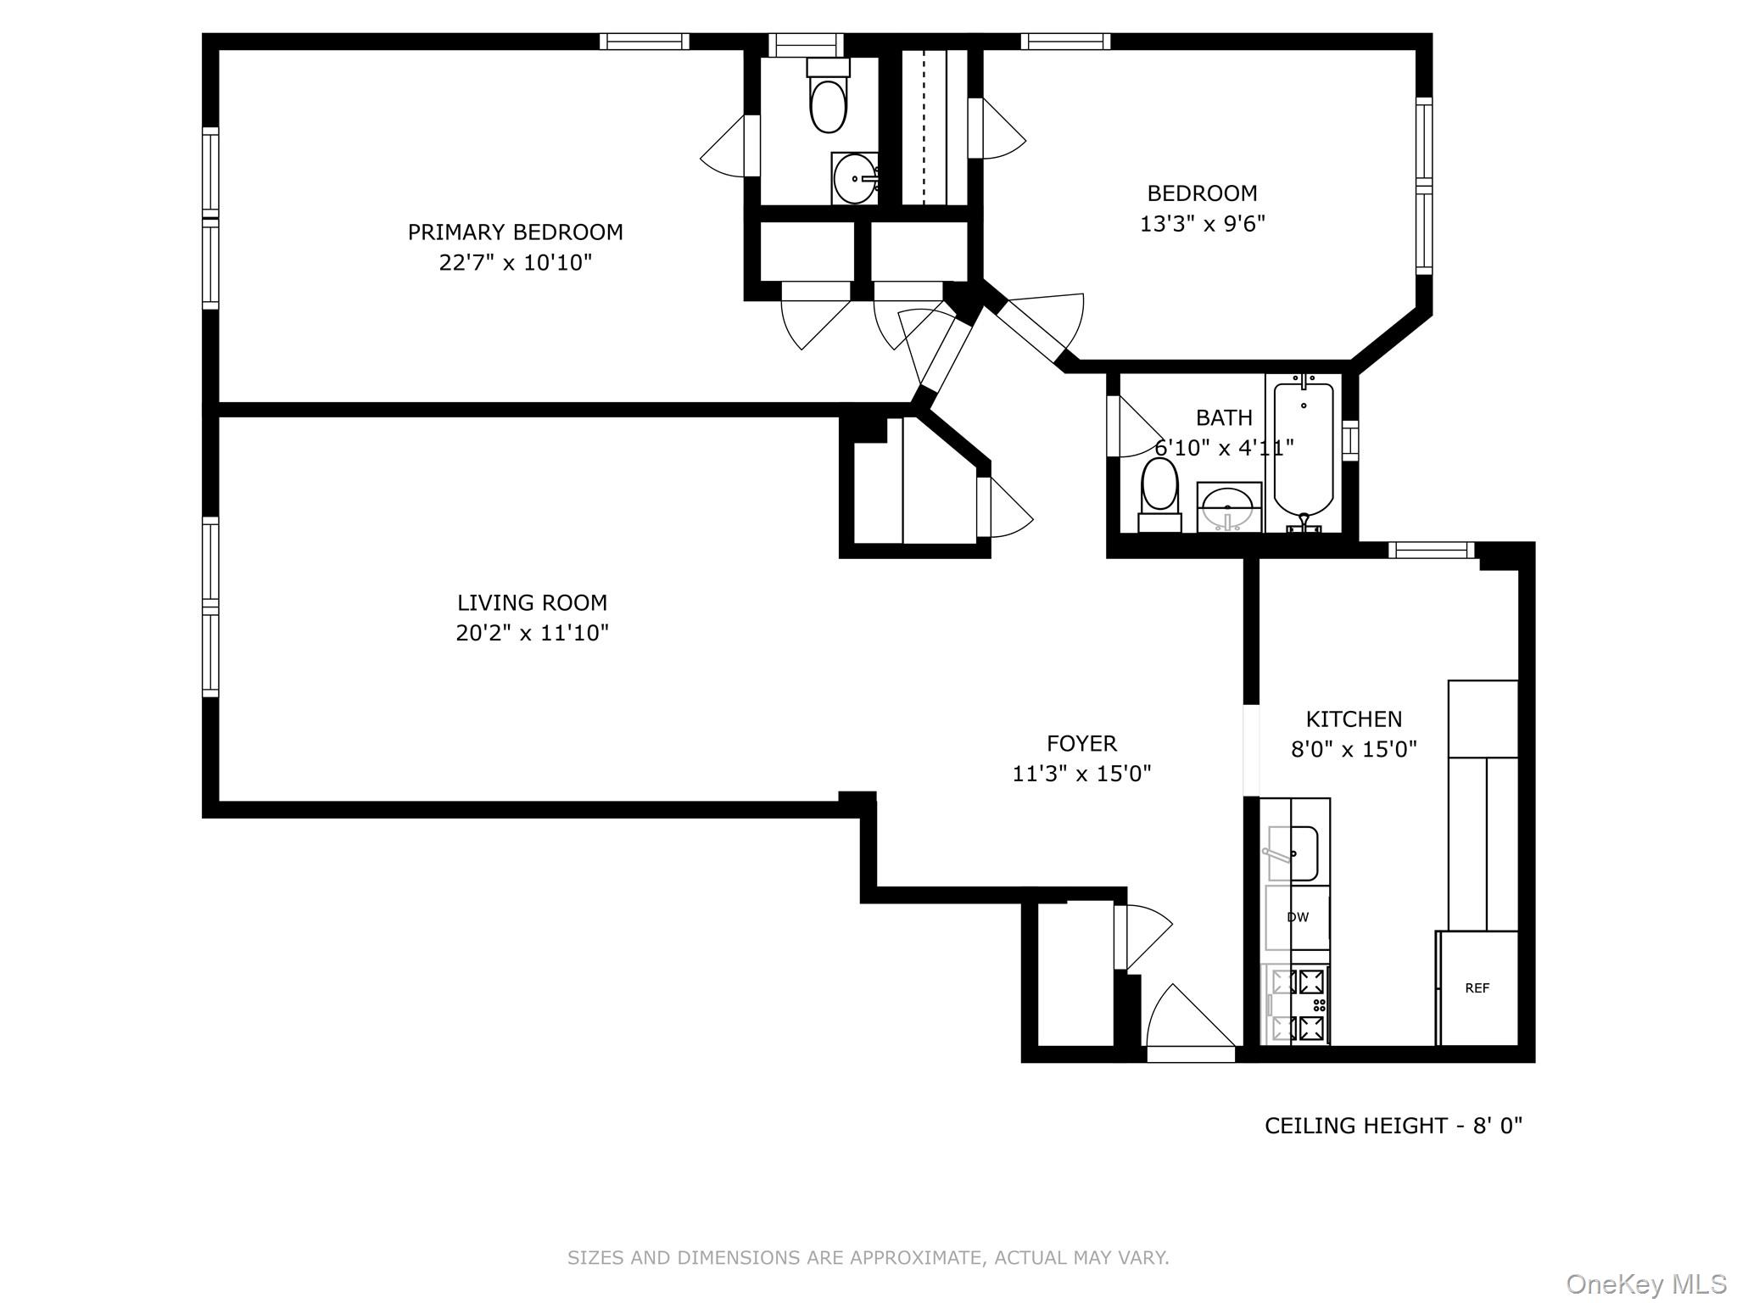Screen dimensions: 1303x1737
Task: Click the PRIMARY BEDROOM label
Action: [515, 232]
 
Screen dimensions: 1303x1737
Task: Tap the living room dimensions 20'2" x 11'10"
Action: [532, 633]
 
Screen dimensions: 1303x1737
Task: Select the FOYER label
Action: [1081, 743]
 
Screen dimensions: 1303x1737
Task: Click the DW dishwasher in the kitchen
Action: [1297, 917]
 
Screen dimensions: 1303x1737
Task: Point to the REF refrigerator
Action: [1477, 988]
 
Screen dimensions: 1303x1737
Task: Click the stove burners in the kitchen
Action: [1298, 1005]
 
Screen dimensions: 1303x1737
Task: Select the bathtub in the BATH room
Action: [1304, 450]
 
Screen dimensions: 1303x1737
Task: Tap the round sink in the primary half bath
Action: [854, 179]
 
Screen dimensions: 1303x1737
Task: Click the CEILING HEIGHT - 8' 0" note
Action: [1393, 1126]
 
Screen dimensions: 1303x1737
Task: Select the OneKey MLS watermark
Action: [1645, 1283]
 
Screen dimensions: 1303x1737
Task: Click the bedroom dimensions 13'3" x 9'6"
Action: [1202, 224]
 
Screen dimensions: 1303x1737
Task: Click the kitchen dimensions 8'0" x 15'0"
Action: [1354, 750]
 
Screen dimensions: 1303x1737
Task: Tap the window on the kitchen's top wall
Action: [1431, 551]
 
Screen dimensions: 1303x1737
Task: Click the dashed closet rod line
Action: [923, 127]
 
